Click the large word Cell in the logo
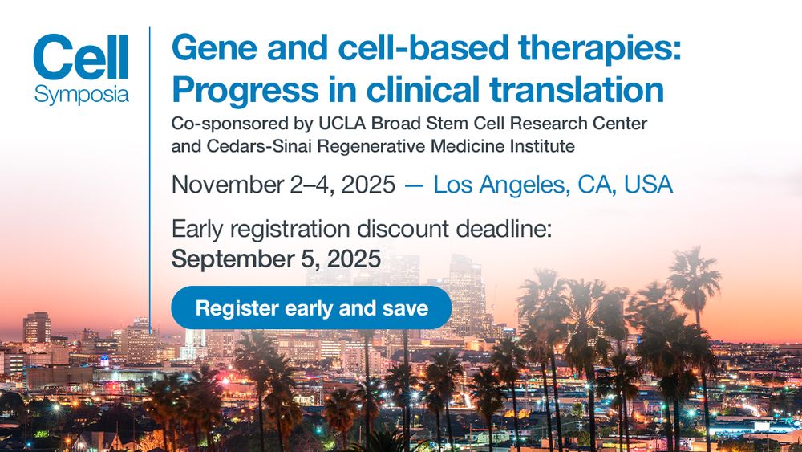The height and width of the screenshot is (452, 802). tap(81, 57)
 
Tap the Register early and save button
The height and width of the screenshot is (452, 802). tap(311, 307)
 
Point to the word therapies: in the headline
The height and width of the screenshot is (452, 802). tap(599, 49)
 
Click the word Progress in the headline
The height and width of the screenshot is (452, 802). tap(245, 90)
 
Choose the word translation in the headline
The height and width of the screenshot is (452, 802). tap(577, 89)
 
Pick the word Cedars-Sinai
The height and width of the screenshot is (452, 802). tap(259, 146)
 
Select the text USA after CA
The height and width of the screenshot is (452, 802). tap(648, 185)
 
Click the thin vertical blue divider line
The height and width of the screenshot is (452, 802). tap(150, 173)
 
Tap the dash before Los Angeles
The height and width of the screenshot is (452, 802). tap(415, 185)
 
